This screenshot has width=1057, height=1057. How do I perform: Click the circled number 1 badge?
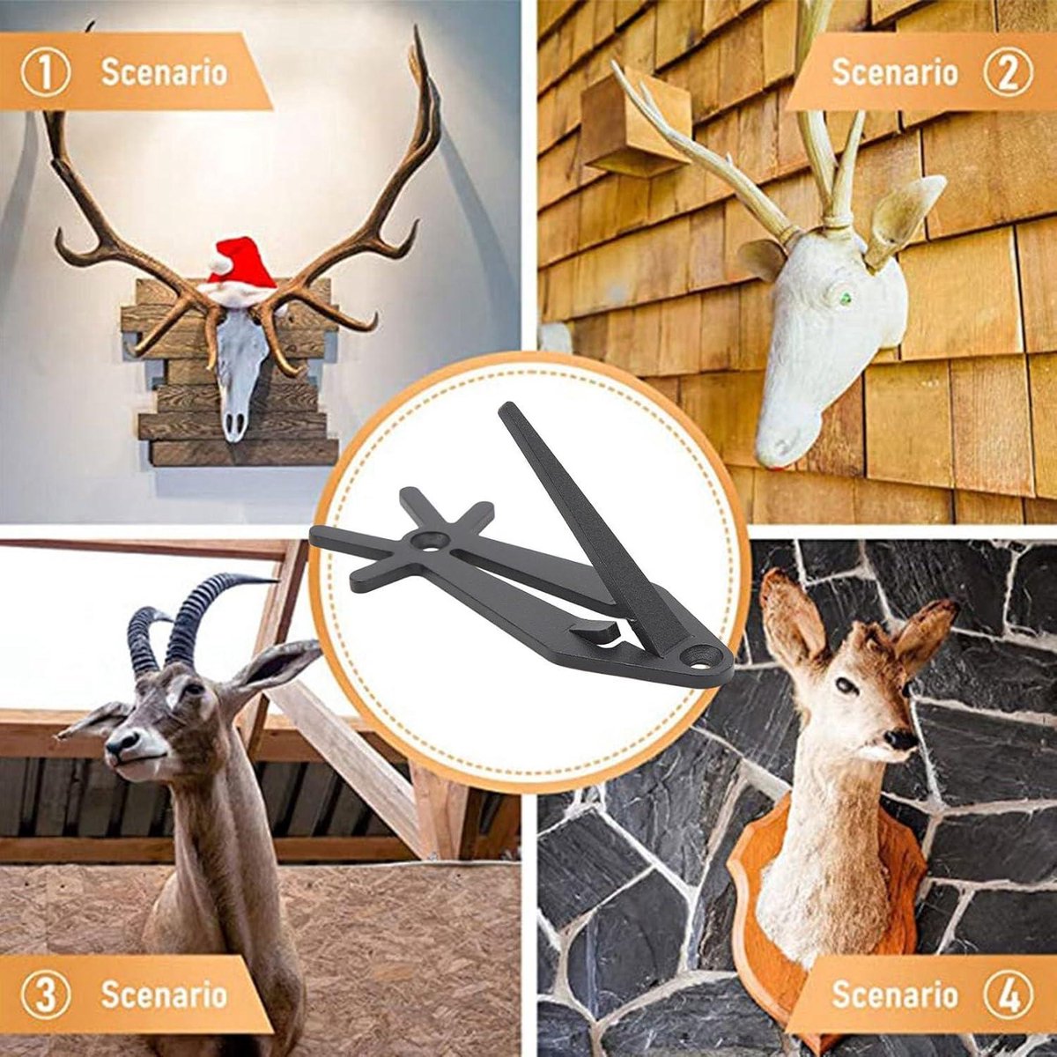click(x=46, y=73)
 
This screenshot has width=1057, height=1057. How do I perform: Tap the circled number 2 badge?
click(x=1009, y=73)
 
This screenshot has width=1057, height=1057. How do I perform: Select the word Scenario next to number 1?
click(x=164, y=73)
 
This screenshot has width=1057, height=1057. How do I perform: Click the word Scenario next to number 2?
click(x=895, y=73)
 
